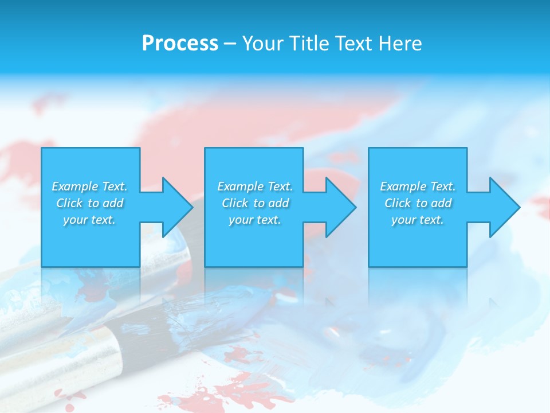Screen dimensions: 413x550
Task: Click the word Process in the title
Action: pos(180,44)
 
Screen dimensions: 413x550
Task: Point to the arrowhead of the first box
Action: pos(178,207)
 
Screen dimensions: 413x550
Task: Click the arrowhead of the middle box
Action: pos(341,207)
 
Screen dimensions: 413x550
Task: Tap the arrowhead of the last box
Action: pos(505,207)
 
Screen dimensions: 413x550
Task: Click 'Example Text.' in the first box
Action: pos(89,186)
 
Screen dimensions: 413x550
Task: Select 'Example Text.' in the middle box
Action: pos(255,186)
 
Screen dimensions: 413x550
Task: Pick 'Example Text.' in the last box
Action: pos(418,186)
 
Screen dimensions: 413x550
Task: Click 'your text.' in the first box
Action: pos(89,220)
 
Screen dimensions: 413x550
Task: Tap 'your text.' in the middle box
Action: pos(255,220)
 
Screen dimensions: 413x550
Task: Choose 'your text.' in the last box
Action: pos(418,220)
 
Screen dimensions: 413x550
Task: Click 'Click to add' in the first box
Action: pos(90,203)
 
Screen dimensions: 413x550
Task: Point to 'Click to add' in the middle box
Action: pos(256,203)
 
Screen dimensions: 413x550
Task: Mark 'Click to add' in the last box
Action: pos(418,203)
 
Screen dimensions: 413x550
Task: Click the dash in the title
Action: pos(230,44)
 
